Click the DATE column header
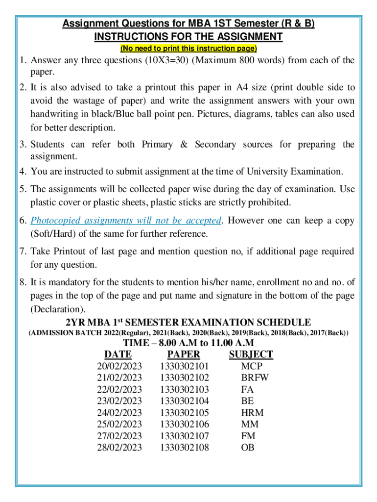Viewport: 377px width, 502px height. [x=118, y=354]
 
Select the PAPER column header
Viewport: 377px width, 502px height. [x=184, y=354]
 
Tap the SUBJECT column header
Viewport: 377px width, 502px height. [x=251, y=354]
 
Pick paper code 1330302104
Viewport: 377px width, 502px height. [x=184, y=401]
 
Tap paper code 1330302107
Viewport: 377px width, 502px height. [x=184, y=436]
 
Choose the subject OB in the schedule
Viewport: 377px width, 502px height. [x=248, y=448]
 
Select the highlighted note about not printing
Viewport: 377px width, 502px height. [x=188, y=49]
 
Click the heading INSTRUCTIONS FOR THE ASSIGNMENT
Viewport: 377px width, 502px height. [x=188, y=37]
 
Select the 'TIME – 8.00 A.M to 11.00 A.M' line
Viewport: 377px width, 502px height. [x=188, y=343]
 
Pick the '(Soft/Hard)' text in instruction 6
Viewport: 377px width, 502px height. [x=55, y=234]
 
